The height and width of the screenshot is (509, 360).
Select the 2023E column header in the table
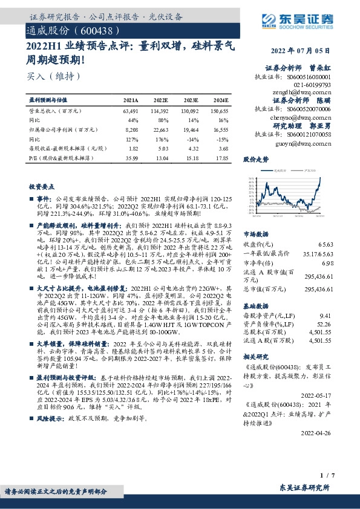pos(191,100)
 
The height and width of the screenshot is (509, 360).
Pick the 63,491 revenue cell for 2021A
pos(131,111)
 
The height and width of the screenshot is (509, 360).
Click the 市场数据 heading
pos(256,232)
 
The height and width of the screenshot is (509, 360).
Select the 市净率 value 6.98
pos(326,264)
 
